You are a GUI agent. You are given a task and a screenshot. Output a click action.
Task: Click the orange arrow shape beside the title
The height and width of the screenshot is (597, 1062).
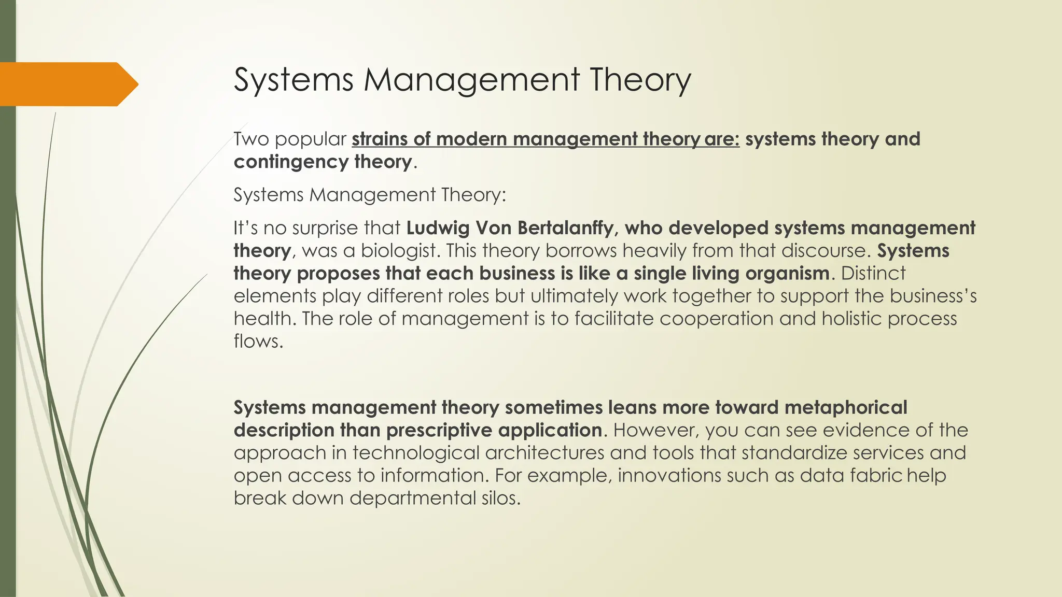67,84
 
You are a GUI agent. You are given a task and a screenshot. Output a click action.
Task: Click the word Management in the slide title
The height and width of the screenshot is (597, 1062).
471,80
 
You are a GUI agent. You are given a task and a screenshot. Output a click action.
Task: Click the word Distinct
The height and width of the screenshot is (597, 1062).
873,274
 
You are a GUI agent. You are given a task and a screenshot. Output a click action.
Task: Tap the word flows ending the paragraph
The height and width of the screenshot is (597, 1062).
257,342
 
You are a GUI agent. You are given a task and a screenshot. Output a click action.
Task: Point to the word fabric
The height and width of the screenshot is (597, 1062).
876,476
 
